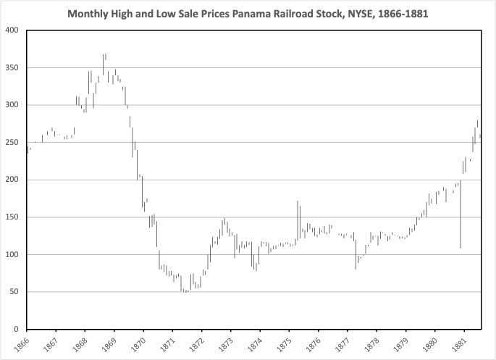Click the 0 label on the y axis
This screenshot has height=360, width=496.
pos(18,330)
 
